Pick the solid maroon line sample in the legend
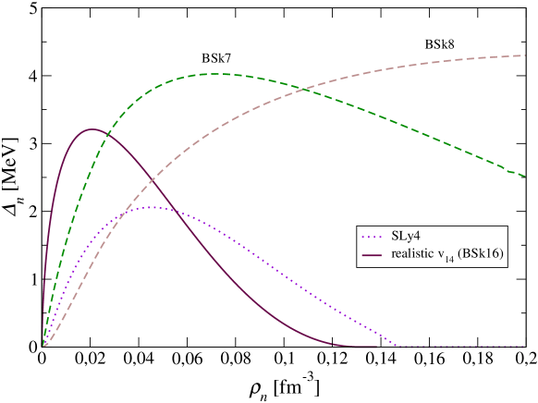click(x=373, y=254)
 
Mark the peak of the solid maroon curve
click(x=91, y=128)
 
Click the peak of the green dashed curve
click(x=214, y=73)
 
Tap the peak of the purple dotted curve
click(x=153, y=207)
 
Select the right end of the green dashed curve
click(x=524, y=174)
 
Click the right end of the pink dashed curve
click(x=524, y=55)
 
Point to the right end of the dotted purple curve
click(x=524, y=348)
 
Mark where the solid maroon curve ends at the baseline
click(x=376, y=348)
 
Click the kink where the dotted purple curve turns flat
click(x=398, y=348)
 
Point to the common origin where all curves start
click(x=43, y=348)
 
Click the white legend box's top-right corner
click(x=507, y=226)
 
